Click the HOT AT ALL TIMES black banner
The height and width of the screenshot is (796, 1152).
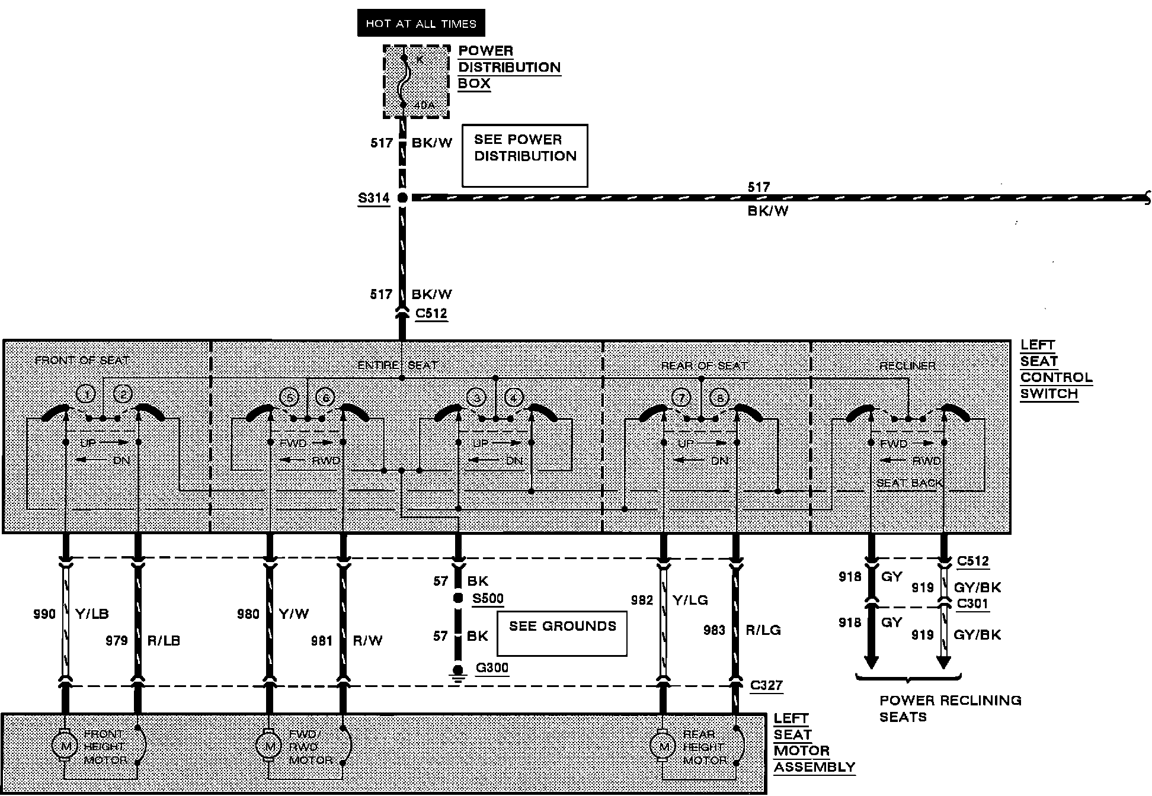(x=421, y=24)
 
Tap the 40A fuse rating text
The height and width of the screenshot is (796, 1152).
(x=424, y=105)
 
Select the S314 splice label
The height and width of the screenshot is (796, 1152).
(x=374, y=198)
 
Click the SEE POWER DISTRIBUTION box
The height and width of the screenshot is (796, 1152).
(x=524, y=155)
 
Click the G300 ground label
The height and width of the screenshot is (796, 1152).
(x=492, y=668)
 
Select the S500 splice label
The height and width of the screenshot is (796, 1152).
(x=488, y=598)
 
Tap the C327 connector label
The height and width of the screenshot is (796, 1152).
(x=766, y=685)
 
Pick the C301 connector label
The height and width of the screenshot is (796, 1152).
(x=972, y=604)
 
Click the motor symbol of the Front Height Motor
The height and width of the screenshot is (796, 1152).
(x=65, y=746)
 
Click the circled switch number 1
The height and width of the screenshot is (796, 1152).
(x=87, y=394)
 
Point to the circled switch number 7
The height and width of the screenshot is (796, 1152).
(x=681, y=397)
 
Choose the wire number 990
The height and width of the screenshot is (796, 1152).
(x=44, y=614)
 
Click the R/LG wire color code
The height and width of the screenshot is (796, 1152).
(x=763, y=630)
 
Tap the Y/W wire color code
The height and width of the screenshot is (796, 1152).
(x=293, y=614)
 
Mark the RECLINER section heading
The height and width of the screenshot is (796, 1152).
(x=907, y=366)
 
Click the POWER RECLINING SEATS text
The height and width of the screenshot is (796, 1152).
(x=950, y=708)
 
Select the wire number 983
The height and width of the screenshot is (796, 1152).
(x=714, y=630)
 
